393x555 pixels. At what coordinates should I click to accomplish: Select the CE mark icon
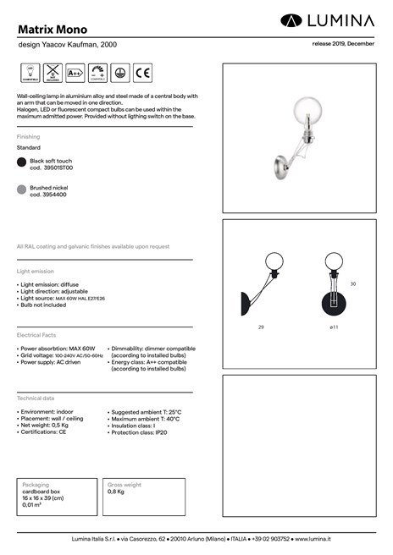tap(142, 74)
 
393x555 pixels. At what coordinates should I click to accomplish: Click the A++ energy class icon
tap(74, 74)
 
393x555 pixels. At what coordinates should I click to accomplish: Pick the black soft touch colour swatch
tap(22, 163)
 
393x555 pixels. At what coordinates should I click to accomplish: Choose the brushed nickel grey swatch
tap(22, 190)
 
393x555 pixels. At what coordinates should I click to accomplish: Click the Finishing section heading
tap(28, 136)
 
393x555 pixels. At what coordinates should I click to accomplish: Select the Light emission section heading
tap(35, 272)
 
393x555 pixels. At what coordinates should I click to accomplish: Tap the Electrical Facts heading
tap(36, 336)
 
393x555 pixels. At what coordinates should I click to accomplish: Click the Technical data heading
tap(35, 398)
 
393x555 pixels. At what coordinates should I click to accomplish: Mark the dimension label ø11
tap(335, 326)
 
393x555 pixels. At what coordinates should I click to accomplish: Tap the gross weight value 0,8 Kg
tap(116, 491)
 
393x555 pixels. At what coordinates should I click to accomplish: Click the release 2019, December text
tap(343, 42)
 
